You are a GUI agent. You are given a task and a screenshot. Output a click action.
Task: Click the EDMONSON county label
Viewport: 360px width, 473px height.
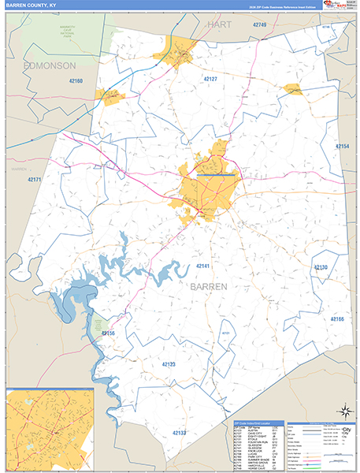point(49,65)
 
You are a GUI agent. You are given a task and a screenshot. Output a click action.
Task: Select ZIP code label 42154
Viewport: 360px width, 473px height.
point(342,147)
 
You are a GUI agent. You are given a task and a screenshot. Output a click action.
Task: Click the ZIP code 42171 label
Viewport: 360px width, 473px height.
point(34,181)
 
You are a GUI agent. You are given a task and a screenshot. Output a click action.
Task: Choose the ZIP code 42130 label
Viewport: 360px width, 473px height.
point(320,268)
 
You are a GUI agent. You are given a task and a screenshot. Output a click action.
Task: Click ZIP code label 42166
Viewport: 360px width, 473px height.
point(336,318)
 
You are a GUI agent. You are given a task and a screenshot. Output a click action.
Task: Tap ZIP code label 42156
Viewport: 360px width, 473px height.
point(108,334)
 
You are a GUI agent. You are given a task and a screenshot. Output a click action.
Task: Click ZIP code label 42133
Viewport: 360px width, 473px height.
point(180,433)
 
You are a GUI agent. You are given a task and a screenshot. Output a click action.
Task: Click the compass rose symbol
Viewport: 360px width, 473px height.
point(343,410)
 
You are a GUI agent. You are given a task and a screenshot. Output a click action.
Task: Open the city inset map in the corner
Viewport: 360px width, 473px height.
point(50,429)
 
